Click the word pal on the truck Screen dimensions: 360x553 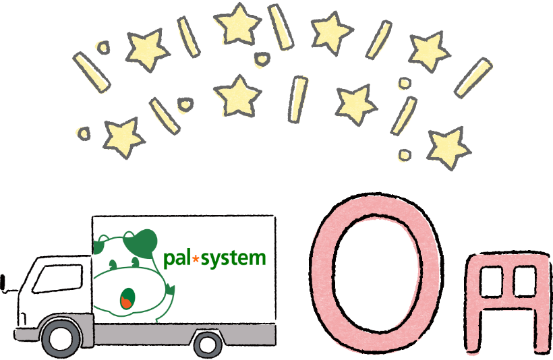pos(178,258)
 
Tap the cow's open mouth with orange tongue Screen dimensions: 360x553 pos(126,299)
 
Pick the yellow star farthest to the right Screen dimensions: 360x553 pos(448,147)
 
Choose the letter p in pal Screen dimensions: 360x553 pos(169,260)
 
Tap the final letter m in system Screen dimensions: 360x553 pos(258,258)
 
